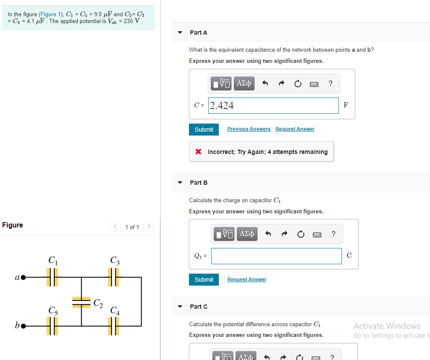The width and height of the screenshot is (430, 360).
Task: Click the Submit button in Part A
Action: (204, 130)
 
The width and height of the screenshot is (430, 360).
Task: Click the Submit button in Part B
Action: (204, 280)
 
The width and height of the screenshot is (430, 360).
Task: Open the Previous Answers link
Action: (249, 129)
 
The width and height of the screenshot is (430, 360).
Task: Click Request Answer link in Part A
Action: (295, 129)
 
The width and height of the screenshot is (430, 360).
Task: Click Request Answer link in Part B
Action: (247, 280)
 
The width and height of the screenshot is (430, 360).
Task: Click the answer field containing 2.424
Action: (274, 106)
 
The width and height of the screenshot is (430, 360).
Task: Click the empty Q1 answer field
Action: (276, 256)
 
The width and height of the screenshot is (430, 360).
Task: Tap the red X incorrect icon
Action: (198, 152)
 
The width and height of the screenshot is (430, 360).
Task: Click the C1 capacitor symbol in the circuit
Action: (52, 277)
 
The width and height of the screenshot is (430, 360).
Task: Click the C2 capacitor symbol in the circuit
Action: (81, 302)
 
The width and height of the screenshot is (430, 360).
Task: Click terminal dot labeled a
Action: (24, 277)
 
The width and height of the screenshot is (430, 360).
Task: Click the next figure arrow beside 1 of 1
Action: (148, 227)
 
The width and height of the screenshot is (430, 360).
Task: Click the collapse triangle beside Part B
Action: (180, 183)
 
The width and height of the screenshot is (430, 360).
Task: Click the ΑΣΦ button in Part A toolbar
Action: (244, 83)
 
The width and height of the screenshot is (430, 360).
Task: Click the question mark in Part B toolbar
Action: (334, 234)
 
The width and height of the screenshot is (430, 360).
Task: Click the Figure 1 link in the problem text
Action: (50, 15)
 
